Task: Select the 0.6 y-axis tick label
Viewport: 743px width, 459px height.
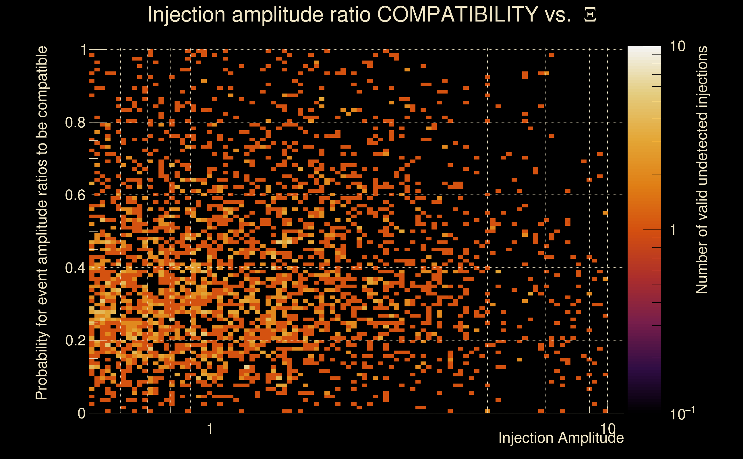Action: point(75,195)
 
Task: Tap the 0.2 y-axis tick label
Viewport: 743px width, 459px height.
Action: point(75,340)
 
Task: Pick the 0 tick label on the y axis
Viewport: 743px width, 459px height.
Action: point(82,413)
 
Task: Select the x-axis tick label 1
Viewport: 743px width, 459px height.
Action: point(210,429)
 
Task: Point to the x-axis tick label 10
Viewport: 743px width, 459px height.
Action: point(607,429)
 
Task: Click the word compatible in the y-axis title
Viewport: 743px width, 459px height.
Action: point(41,82)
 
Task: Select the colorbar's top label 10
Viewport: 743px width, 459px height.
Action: point(677,46)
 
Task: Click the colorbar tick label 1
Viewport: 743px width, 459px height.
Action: point(673,230)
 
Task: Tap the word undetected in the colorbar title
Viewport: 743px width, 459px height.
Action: point(701,152)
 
